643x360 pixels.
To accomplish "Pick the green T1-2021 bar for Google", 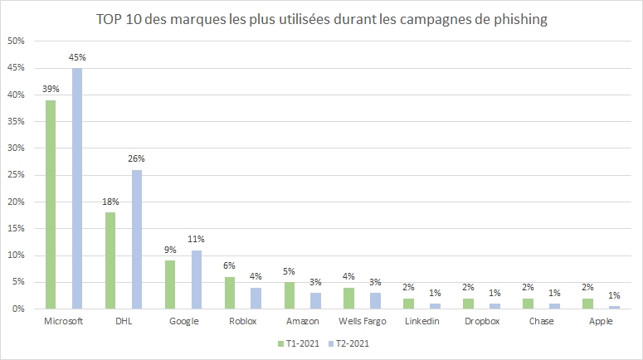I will (170, 285).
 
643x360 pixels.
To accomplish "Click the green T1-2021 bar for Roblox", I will (231, 293).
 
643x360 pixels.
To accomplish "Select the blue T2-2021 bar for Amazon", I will (316, 300).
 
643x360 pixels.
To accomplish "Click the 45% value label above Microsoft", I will (77, 57).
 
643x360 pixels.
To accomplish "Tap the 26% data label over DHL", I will (137, 159).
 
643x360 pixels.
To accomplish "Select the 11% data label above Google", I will (197, 240).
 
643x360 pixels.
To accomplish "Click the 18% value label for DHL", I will (110, 202).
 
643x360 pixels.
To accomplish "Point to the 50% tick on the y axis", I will (17, 41).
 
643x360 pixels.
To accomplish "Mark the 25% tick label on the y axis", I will (17, 175).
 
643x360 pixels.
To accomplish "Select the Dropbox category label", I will (482, 321).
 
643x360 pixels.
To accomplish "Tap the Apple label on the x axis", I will (602, 321).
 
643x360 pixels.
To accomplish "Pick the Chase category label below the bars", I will (542, 321).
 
